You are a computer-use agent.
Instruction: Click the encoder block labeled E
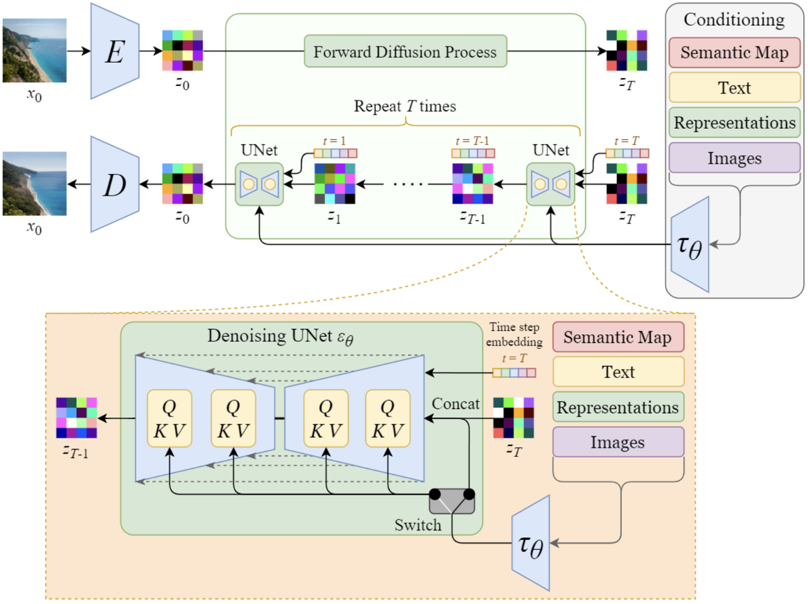pos(115,52)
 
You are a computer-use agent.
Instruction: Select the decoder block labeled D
pos(115,185)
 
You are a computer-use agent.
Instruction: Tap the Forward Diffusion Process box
pos(405,52)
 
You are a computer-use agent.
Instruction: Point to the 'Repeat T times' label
pos(405,107)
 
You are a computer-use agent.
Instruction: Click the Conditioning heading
pos(734,20)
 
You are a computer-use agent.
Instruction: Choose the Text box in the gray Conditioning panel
pos(734,88)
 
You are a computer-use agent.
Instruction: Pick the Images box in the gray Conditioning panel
pos(734,158)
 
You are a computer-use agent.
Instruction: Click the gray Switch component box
pos(452,502)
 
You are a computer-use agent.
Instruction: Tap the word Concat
pos(456,404)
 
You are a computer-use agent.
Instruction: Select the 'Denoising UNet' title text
pos(280,337)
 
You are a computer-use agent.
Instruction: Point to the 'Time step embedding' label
pos(514,334)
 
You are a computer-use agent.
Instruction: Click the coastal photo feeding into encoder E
pos(35,50)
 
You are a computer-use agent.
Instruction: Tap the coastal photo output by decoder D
pos(35,184)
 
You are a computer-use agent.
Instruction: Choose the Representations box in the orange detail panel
pos(618,407)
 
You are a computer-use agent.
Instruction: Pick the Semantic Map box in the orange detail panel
pos(618,337)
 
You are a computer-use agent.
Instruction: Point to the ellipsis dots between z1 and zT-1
pos(408,184)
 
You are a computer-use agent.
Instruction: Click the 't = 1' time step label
pos(334,141)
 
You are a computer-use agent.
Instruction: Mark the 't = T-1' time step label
pos(472,141)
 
